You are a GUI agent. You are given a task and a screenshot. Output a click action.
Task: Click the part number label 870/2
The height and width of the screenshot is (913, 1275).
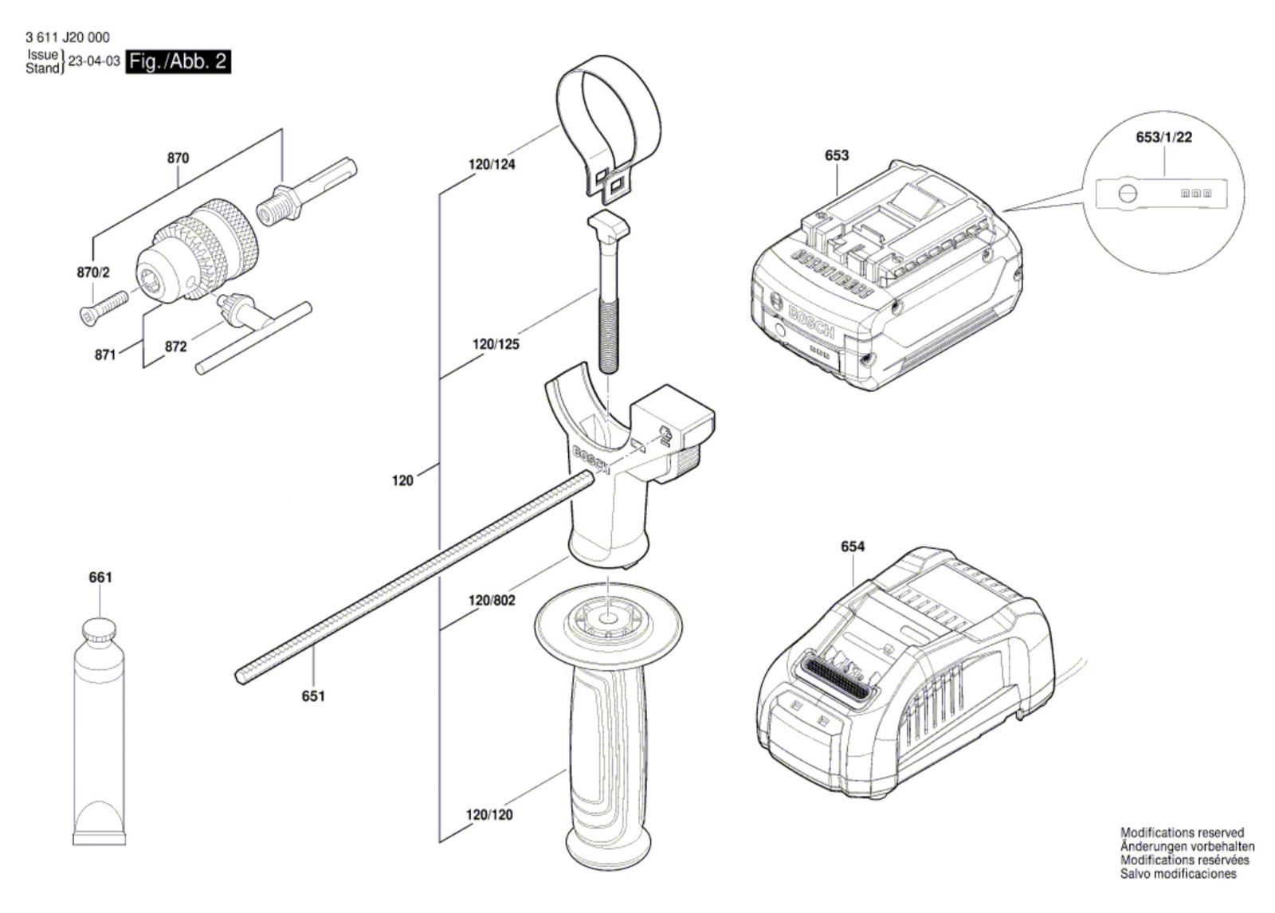click(x=93, y=272)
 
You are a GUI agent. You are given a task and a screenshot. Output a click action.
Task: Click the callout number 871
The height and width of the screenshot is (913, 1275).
click(x=105, y=355)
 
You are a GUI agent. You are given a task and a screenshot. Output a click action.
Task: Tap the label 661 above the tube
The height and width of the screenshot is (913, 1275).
click(x=100, y=577)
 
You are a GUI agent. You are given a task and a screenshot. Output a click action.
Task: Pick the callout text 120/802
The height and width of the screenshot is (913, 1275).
click(x=492, y=600)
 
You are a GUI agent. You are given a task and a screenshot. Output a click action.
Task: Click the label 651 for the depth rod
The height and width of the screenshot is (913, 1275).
click(x=313, y=696)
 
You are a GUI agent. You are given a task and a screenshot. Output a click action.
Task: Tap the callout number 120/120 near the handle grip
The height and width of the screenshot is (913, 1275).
click(x=489, y=815)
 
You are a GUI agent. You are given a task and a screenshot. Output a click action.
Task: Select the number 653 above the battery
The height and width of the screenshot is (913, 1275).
click(x=837, y=155)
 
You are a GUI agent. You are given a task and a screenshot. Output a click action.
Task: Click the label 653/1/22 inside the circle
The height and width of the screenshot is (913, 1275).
click(x=1163, y=137)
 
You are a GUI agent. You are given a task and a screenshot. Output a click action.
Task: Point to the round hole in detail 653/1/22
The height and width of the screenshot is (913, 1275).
click(x=1127, y=194)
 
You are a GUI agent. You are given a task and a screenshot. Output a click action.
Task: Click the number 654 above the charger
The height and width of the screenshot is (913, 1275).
click(x=853, y=547)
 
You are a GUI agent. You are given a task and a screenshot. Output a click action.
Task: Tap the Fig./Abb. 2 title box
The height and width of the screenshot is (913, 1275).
click(x=179, y=61)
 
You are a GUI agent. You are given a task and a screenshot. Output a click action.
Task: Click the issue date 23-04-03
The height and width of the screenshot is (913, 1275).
click(x=94, y=61)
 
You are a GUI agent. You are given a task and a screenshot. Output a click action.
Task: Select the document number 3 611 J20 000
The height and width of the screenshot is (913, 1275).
click(x=68, y=37)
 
